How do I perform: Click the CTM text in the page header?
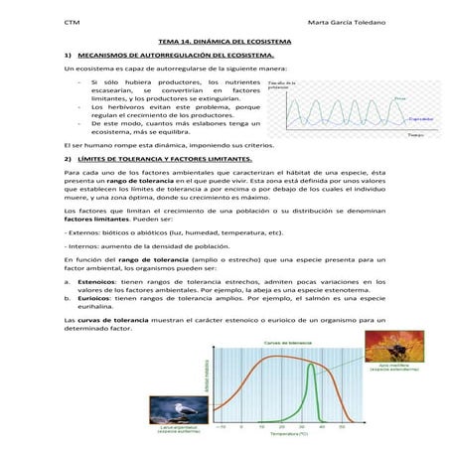pyautogui.click(x=71, y=23)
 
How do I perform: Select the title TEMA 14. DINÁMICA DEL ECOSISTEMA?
pyautogui.click(x=224, y=41)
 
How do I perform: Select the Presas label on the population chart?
pyautogui.click(x=398, y=99)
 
